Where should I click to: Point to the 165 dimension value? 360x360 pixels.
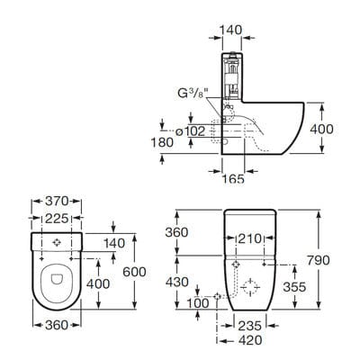(x=233, y=180)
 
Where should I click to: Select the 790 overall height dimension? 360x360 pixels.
(x=333, y=259)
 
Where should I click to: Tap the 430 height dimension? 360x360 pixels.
(x=179, y=283)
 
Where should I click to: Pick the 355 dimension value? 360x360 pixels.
(x=308, y=287)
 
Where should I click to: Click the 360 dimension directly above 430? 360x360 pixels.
(x=179, y=232)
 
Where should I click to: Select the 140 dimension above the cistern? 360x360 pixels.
(x=232, y=30)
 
